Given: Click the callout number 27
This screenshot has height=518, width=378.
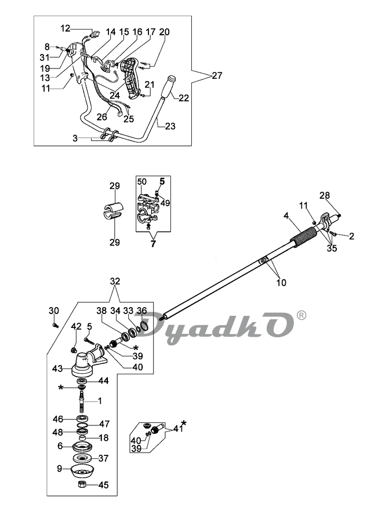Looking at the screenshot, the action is click(x=217, y=76).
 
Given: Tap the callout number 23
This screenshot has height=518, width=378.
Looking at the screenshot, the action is click(x=170, y=126).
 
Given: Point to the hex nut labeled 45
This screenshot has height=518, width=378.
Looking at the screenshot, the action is click(x=82, y=484).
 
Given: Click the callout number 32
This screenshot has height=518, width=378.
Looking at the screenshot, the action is click(x=115, y=282).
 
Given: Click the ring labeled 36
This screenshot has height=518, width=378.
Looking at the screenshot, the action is click(x=144, y=326).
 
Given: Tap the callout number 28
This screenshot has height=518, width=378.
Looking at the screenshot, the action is click(x=325, y=195).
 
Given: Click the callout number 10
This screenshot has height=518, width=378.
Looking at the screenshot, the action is click(x=281, y=283).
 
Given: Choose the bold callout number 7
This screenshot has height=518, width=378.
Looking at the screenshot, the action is click(x=153, y=245).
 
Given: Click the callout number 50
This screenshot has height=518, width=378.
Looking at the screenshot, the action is click(x=141, y=182).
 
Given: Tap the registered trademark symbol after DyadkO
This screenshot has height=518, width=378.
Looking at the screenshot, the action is click(x=301, y=315).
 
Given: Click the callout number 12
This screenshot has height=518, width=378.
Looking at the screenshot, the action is click(x=66, y=28).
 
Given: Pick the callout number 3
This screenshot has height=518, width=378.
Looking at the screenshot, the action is click(x=75, y=138).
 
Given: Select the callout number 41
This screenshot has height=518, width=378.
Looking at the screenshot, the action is click(x=178, y=429).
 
